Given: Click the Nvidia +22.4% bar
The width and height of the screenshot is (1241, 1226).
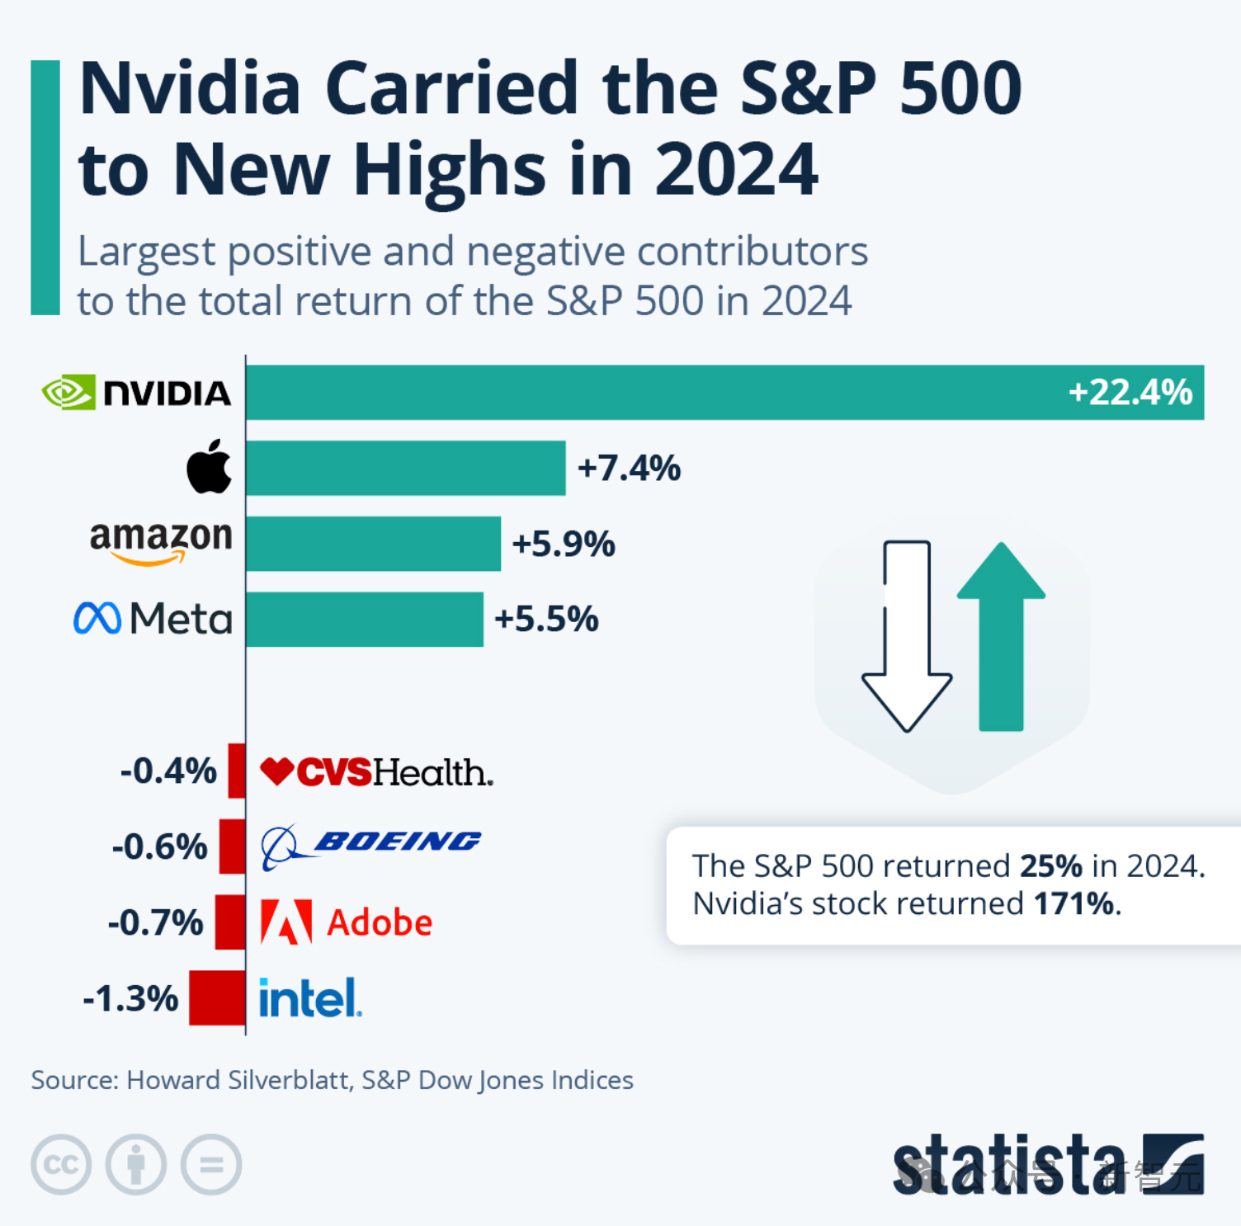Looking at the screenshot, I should click(724, 393).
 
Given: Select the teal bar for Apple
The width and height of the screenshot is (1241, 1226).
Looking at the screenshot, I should click(405, 468).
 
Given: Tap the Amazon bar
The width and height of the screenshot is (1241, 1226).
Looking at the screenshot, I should click(373, 544).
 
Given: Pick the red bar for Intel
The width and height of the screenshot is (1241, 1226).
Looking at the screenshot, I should click(217, 997).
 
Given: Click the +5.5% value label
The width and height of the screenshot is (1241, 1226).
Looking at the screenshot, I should click(546, 619).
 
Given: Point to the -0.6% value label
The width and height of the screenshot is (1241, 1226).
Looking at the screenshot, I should click(159, 846).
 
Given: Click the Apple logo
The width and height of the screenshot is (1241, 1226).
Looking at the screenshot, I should click(210, 467).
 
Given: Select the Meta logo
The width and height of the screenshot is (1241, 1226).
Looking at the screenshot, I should click(153, 619).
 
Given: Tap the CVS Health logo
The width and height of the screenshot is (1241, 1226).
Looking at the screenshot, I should click(376, 772).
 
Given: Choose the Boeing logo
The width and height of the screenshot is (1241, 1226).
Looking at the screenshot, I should click(370, 845).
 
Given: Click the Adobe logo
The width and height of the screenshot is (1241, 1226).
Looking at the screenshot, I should click(347, 922).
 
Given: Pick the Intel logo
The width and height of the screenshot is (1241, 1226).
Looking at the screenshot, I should click(310, 997).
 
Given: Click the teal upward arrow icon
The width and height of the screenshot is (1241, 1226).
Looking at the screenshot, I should click(1001, 635).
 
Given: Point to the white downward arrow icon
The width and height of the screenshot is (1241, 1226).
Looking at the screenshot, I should click(907, 635).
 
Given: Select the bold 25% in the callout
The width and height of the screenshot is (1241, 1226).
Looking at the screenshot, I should click(1050, 866).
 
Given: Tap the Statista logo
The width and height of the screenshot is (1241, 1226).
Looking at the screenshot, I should click(1048, 1164).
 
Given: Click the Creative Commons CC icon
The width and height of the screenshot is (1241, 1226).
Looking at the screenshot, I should click(61, 1164).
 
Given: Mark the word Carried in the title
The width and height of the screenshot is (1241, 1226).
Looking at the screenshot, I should click(451, 88).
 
